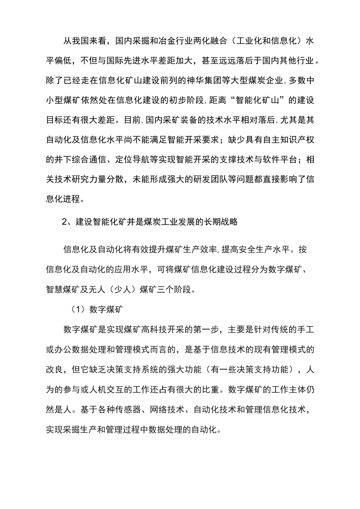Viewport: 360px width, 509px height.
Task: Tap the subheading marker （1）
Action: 78,309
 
